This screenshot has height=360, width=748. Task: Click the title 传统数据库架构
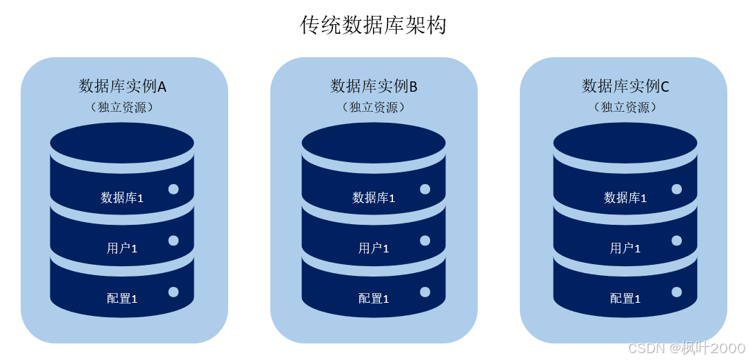(x=373, y=26)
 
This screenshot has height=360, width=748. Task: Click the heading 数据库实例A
(x=123, y=86)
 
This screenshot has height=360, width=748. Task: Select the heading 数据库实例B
(x=374, y=86)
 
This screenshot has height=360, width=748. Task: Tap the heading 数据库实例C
(x=625, y=86)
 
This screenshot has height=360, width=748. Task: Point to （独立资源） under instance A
(x=122, y=108)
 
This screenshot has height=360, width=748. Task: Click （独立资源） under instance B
(x=374, y=108)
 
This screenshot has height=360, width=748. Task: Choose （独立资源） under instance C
(x=625, y=108)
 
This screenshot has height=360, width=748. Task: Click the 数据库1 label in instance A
(x=122, y=198)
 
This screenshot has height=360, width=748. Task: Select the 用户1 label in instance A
(x=122, y=248)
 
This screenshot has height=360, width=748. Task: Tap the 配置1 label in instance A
(x=122, y=299)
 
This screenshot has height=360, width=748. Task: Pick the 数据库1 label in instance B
(x=374, y=198)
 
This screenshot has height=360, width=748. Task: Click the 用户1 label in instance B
(x=374, y=248)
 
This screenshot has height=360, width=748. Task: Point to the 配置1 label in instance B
(x=374, y=299)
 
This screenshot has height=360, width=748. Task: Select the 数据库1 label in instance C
(x=625, y=198)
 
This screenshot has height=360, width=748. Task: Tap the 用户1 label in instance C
(x=625, y=248)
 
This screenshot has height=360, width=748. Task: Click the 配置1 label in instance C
(x=625, y=299)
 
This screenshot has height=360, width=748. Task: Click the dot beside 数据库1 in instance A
(x=174, y=189)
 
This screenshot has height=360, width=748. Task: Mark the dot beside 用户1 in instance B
(x=425, y=241)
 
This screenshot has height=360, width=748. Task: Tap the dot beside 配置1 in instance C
(x=677, y=292)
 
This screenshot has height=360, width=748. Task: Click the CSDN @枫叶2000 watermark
(x=687, y=348)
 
